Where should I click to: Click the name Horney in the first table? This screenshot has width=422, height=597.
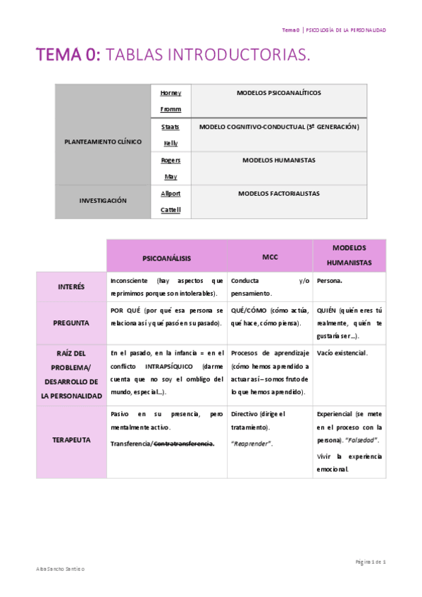(x=170, y=93)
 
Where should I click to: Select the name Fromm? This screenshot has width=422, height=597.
(x=170, y=109)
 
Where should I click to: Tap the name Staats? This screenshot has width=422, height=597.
(x=170, y=127)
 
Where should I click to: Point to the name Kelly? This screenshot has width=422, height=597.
(x=170, y=143)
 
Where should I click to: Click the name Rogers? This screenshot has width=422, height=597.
(x=170, y=160)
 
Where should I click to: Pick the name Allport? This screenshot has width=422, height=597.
(x=170, y=193)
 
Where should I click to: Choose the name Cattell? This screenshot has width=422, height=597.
(x=170, y=209)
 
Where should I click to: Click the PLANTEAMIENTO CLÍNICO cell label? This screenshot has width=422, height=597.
(x=103, y=142)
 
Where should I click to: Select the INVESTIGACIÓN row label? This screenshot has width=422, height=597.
(x=103, y=201)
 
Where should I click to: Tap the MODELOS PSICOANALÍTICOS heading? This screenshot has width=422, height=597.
(x=279, y=93)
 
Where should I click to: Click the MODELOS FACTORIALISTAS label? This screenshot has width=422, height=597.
(x=279, y=193)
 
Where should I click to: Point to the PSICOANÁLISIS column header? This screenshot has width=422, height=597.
(x=166, y=258)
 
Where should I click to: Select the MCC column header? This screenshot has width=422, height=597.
(x=270, y=258)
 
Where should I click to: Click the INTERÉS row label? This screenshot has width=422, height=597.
(x=71, y=287)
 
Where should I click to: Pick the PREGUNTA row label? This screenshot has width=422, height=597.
(x=71, y=322)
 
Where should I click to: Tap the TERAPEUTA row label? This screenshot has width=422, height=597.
(x=71, y=439)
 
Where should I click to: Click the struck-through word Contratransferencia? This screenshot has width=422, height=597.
(x=184, y=443)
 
